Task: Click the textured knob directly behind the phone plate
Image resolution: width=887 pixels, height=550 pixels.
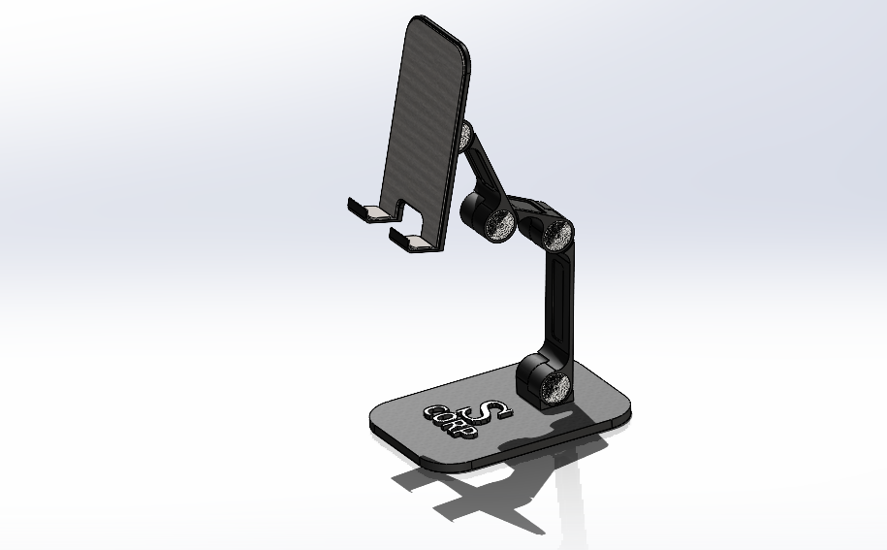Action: [466, 133]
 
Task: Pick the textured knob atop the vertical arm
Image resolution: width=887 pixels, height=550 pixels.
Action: [557, 234]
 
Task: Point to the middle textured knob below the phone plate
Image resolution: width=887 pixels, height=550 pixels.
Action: [501, 225]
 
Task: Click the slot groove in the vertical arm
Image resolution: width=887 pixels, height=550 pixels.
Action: [559, 301]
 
